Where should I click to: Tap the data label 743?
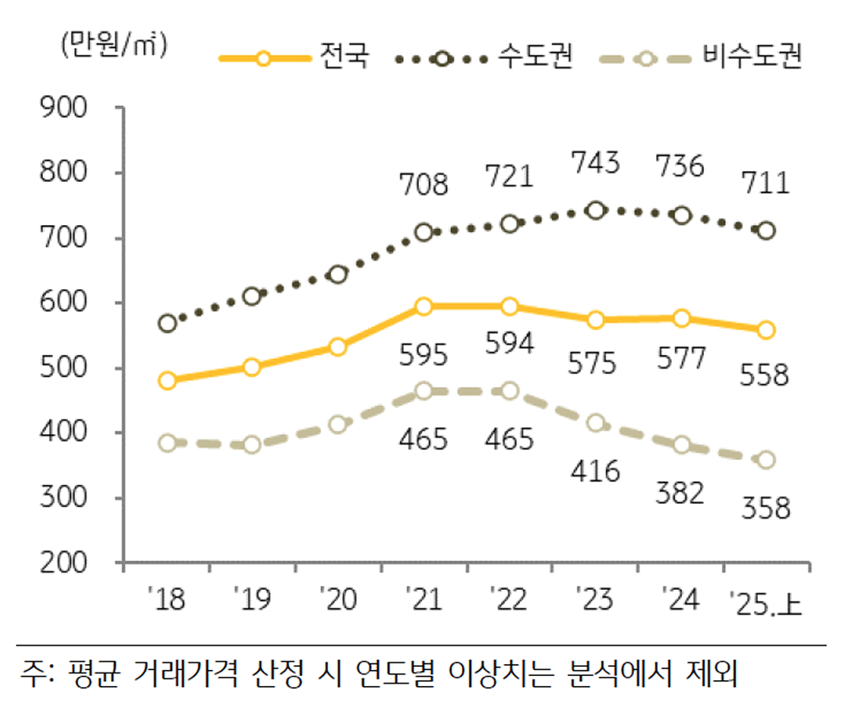pyautogui.click(x=595, y=163)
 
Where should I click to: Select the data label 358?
pyautogui.click(x=766, y=508)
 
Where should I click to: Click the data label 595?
pyautogui.click(x=423, y=355)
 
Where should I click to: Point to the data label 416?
pyautogui.click(x=595, y=470)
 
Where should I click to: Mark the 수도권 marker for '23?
pyautogui.click(x=595, y=210)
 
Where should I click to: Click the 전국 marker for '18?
pyautogui.click(x=167, y=380)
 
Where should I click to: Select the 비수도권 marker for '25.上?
pyautogui.click(x=766, y=460)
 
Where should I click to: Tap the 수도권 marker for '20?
pyautogui.click(x=337, y=274)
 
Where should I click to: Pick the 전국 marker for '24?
pyautogui.click(x=681, y=318)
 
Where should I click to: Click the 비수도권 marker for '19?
pyautogui.click(x=252, y=444)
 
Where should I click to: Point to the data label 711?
pyautogui.click(x=766, y=182)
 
